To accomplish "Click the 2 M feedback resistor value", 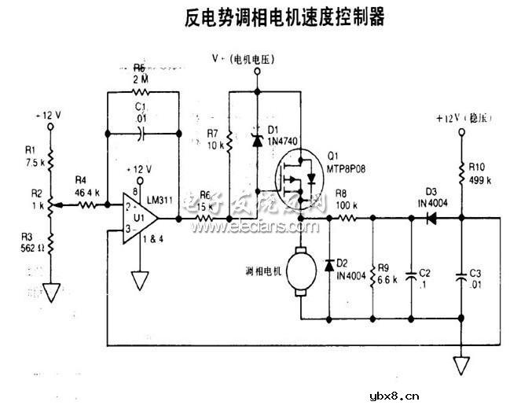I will (140, 79).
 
